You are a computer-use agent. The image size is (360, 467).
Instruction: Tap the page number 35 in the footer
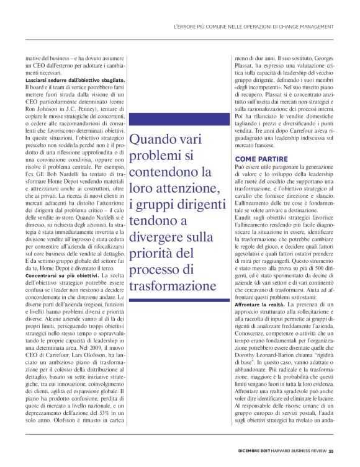[331, 451]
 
